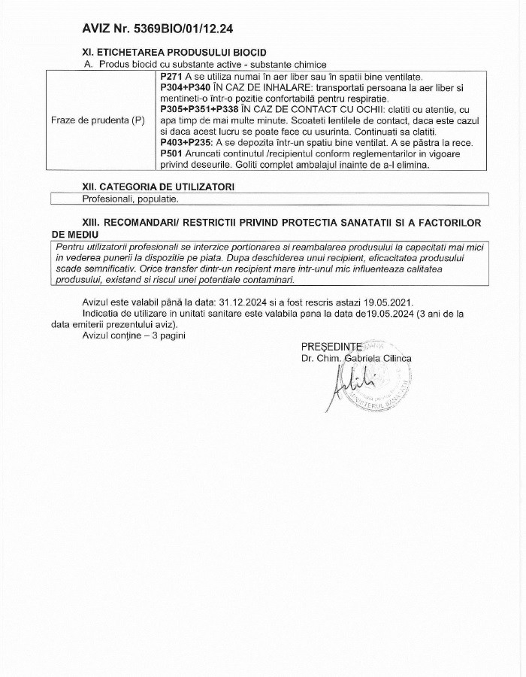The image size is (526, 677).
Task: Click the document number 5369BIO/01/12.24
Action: click(x=186, y=29)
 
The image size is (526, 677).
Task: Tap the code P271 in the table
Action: click(x=173, y=77)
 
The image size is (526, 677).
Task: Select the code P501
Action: click(x=173, y=153)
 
